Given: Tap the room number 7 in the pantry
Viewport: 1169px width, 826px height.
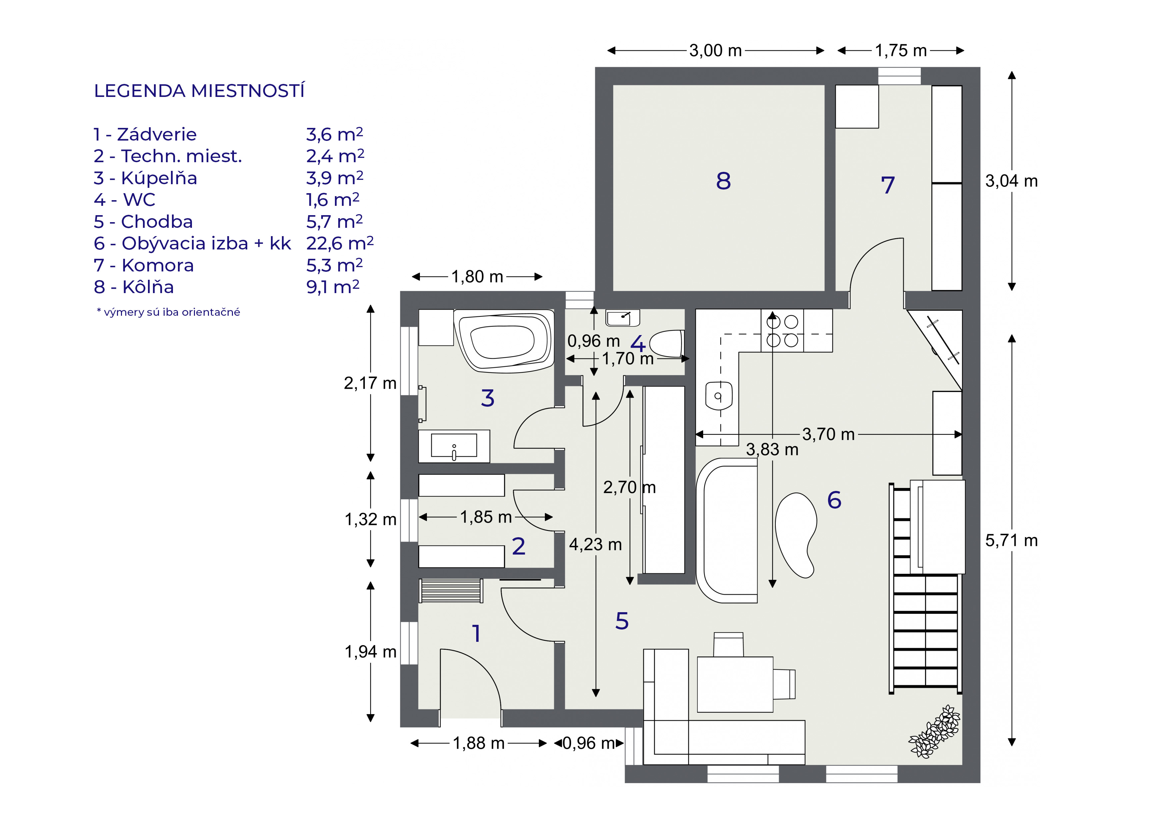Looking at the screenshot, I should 887,185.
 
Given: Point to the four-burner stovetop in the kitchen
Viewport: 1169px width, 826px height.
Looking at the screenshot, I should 782,331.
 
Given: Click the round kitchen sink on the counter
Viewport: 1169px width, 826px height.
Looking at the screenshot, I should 718,396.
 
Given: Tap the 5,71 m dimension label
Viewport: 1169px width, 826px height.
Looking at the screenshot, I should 1011,541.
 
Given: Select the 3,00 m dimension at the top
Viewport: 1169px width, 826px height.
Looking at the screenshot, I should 715,51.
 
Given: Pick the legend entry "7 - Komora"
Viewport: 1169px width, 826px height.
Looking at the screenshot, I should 144,265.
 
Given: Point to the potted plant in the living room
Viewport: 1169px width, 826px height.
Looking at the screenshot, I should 935,732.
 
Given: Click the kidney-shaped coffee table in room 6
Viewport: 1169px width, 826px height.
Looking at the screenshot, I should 795,534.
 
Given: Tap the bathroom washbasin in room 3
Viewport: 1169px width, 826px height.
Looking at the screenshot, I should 454,446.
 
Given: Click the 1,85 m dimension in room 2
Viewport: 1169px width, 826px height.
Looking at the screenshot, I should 486,517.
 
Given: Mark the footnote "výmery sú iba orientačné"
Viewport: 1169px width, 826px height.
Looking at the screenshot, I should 169,312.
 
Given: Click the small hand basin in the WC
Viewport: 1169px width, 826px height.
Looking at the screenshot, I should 622,317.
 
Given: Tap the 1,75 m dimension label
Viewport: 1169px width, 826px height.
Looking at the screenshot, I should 901,51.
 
